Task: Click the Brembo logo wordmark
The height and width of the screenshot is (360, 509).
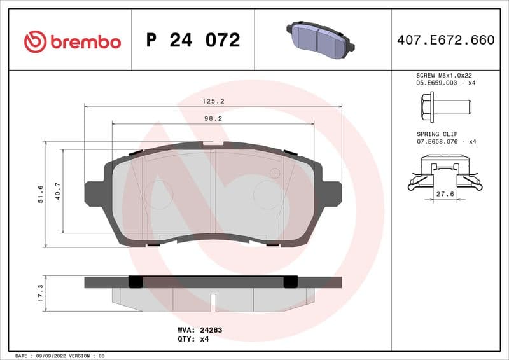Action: click(72, 41)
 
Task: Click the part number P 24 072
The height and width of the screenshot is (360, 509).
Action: click(193, 41)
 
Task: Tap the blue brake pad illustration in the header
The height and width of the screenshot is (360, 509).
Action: click(321, 40)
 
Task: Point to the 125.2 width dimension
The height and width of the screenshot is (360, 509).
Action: click(213, 101)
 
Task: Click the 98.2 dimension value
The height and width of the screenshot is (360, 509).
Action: click(213, 118)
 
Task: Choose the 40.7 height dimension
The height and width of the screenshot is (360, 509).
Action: click(58, 191)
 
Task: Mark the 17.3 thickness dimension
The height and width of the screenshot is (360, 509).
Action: click(40, 293)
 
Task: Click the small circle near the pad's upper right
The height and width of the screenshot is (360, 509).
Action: click(275, 173)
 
